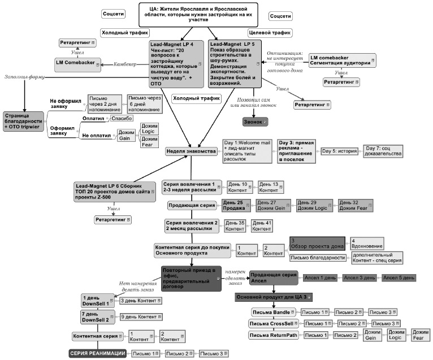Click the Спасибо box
pyautogui.click(x=122, y=119)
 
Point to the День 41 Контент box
pyautogui.click(x=262, y=226)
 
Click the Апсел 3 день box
pyautogui.click(x=359, y=277)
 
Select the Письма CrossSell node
pyautogui.click(x=272, y=323)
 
